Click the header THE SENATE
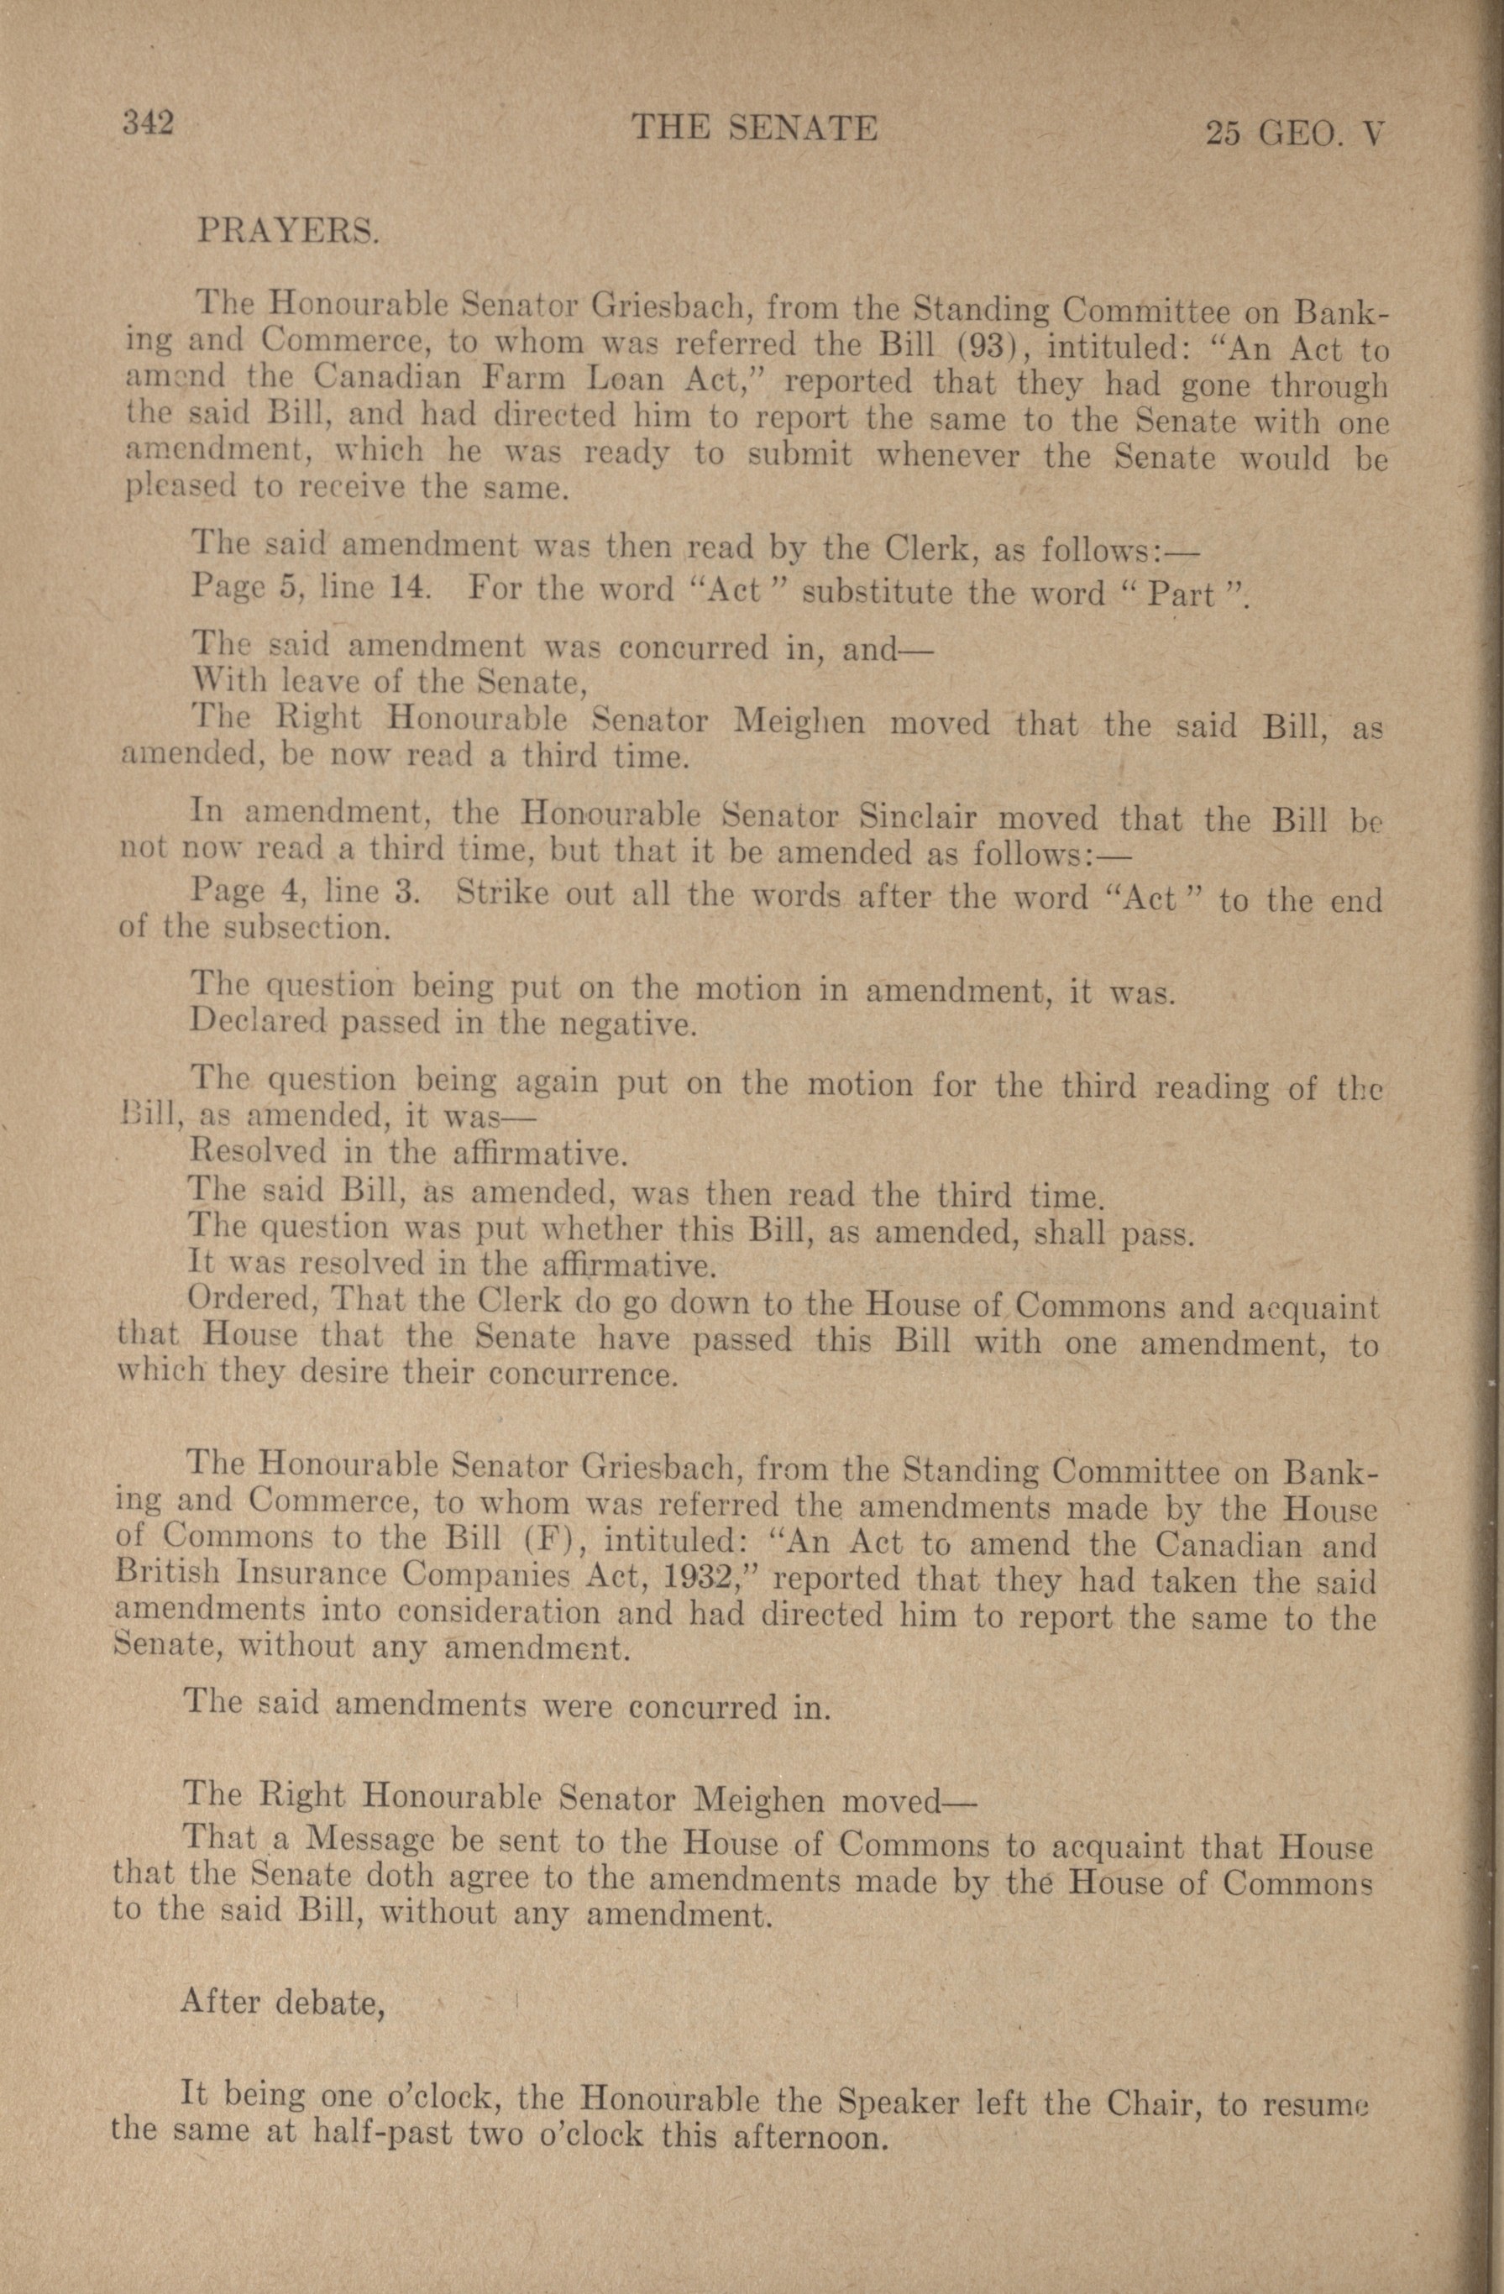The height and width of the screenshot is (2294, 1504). coord(753,128)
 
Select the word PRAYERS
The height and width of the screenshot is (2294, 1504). coord(286,230)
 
